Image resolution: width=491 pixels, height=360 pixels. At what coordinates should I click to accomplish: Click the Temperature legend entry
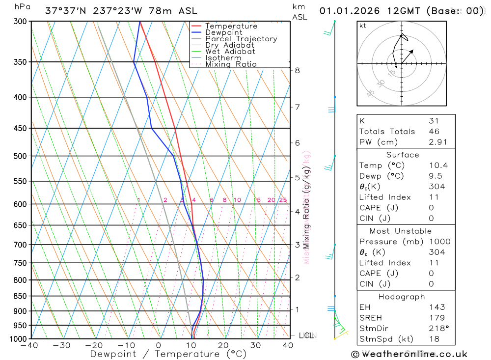coord(231,26)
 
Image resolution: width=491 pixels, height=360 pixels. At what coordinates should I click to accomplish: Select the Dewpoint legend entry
coord(223,32)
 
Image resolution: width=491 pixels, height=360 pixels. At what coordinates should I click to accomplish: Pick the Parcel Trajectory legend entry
coord(241,39)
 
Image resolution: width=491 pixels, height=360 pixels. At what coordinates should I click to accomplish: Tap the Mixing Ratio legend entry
coord(231,64)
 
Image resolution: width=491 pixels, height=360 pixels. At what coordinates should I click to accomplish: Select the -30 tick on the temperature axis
coord(61,345)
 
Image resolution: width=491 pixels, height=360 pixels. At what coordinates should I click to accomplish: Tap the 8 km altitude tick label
coord(298,70)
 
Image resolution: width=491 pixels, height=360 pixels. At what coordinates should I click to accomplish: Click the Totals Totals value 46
coord(434,132)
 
